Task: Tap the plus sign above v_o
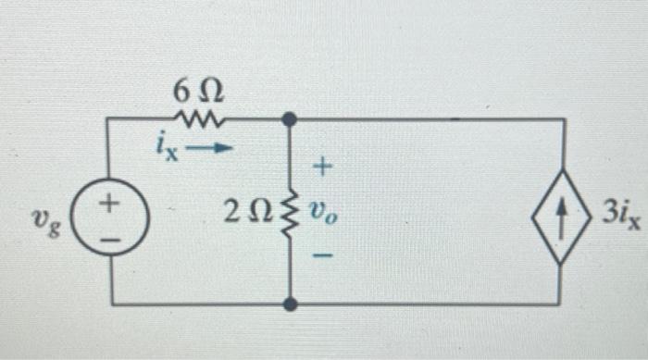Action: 322,168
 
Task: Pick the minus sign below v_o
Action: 321,252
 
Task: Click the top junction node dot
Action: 290,119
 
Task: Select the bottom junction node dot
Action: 290,304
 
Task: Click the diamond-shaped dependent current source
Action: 561,213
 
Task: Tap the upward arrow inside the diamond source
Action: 561,213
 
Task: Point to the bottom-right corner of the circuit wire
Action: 561,304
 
